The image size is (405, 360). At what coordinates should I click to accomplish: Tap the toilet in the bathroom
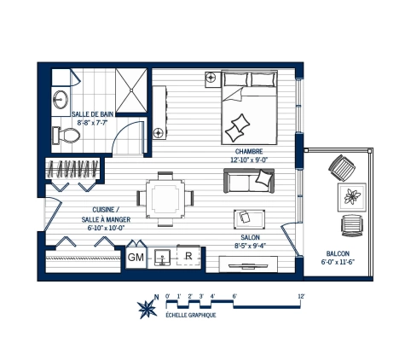click(x=62, y=135)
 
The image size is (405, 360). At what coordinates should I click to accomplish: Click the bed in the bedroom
click(x=249, y=108)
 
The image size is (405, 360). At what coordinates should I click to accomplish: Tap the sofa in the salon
click(x=249, y=181)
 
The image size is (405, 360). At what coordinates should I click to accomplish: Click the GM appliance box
click(x=136, y=256)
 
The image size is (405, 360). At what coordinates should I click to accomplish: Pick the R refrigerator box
click(x=188, y=255)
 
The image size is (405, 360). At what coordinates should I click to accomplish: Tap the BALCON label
click(x=338, y=253)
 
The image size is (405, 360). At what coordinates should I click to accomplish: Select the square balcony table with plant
click(x=352, y=197)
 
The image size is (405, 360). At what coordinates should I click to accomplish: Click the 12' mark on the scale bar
click(x=302, y=296)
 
